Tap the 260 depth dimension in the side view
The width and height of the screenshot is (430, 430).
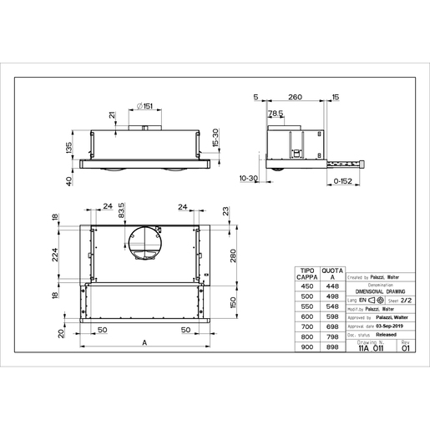[x=292, y=98]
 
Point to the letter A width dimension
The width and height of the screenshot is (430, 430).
[x=145, y=343]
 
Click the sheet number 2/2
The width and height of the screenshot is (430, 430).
[x=406, y=298]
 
